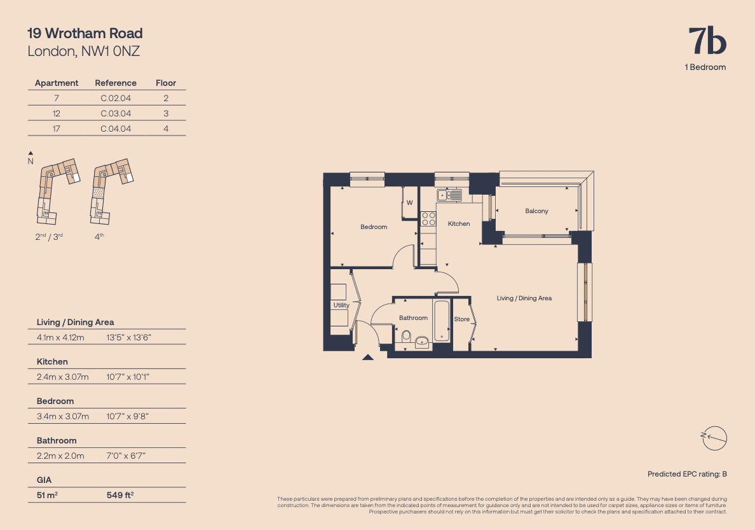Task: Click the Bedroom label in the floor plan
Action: click(x=373, y=227)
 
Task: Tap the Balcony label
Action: click(x=536, y=211)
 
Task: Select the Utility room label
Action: click(x=341, y=305)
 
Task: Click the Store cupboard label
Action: click(x=462, y=319)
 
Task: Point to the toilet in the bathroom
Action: click(x=406, y=335)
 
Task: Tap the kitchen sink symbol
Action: click(x=449, y=195)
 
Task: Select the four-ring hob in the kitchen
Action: click(x=428, y=219)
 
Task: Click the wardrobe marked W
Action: click(x=410, y=203)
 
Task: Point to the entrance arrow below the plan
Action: click(x=367, y=358)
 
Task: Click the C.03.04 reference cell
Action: click(x=116, y=113)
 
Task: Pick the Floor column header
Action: click(x=166, y=83)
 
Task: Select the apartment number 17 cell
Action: click(x=57, y=129)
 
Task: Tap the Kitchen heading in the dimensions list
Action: click(x=52, y=361)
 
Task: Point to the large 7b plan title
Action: click(x=707, y=41)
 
